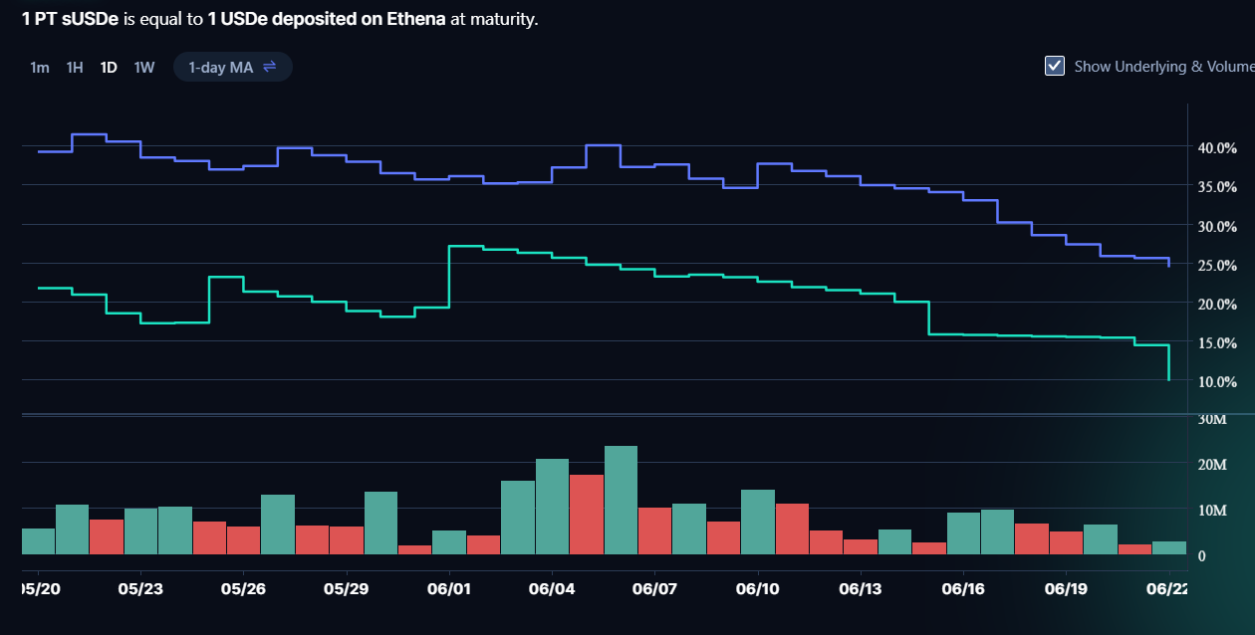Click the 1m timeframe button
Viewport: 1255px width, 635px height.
[40, 68]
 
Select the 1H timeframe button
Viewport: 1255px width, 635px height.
[75, 68]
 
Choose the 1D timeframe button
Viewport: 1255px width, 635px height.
[109, 68]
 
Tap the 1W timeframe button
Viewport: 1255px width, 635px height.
[144, 68]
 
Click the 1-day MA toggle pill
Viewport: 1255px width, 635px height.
[232, 67]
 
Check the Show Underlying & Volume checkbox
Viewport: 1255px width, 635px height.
[1055, 66]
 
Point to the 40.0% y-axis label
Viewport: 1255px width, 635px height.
[1217, 148]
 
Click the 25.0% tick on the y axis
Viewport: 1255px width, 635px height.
[1217, 265]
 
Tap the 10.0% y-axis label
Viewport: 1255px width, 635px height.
[1217, 382]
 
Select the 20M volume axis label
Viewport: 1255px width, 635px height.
[1211, 465]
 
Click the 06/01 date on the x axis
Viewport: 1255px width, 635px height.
[449, 588]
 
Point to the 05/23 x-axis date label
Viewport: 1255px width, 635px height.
[140, 588]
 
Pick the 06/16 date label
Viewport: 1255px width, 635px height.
[963, 588]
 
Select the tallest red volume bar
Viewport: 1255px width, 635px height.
[587, 514]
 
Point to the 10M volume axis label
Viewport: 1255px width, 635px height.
[1211, 511]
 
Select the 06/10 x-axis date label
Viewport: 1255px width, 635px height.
[758, 588]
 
